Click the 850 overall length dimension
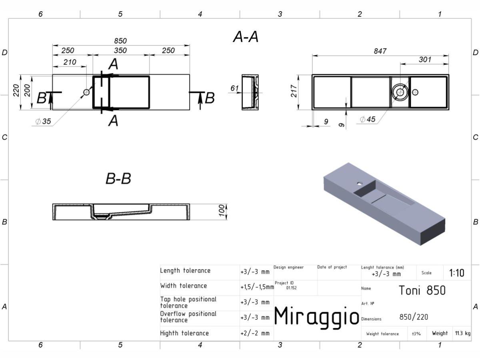[x=120, y=41]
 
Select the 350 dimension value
[x=120, y=50]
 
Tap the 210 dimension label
[x=70, y=62]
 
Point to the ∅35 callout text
[x=43, y=121]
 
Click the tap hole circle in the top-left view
[x=86, y=92]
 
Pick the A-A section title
[x=246, y=37]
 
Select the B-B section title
[x=118, y=178]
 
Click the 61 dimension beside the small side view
[x=234, y=88]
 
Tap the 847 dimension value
[x=380, y=51]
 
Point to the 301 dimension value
[x=425, y=60]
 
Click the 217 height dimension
[x=294, y=91]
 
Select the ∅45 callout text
[x=368, y=119]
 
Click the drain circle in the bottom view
[x=400, y=92]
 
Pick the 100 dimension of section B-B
[x=222, y=211]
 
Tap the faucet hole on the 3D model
[x=360, y=184]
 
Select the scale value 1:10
[x=457, y=273]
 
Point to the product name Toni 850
[x=422, y=290]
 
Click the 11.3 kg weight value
[x=463, y=333]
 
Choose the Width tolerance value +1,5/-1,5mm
[x=257, y=287]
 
